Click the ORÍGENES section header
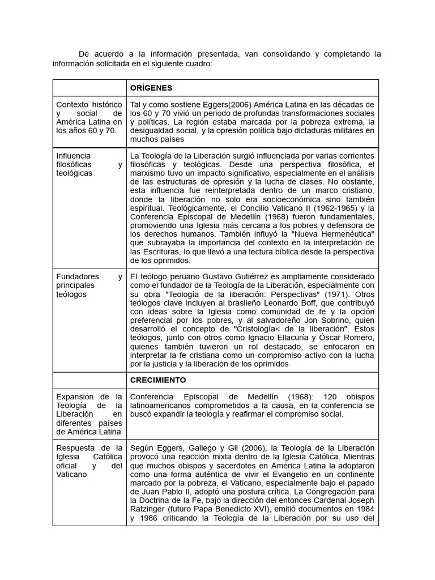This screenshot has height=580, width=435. (x=151, y=88)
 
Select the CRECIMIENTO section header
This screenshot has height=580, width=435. (x=159, y=380)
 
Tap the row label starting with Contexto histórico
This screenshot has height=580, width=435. (x=89, y=117)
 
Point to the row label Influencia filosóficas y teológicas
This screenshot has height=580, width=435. (x=89, y=164)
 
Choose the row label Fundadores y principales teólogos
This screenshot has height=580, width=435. (x=89, y=285)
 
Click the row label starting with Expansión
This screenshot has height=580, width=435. (x=89, y=414)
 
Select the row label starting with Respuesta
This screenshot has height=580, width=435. (x=89, y=461)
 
